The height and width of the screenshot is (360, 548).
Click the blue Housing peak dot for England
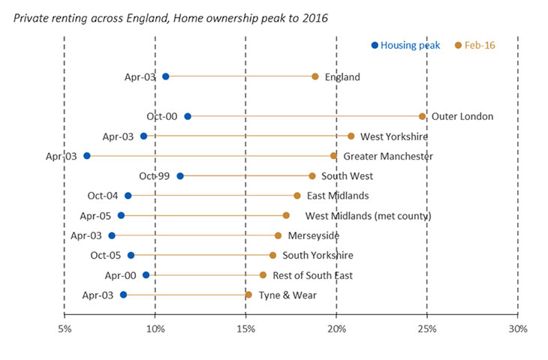pos(166,76)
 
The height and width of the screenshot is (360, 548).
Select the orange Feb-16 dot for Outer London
pos(422,116)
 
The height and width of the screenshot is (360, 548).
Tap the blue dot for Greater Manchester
pos(87,156)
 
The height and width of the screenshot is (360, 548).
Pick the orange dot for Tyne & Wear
pos(248,295)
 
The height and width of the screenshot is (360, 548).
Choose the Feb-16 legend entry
pos(476,46)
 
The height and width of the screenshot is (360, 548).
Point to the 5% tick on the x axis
pos(65,329)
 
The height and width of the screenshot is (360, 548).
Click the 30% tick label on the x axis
pos(517,329)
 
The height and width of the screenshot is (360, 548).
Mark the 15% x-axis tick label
pos(245,329)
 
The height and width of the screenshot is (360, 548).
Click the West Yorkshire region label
pos(393,136)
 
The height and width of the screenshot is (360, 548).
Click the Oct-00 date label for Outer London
pos(161,116)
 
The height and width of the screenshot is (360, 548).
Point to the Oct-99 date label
pos(154,176)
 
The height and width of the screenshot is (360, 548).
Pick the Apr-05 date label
pos(95,216)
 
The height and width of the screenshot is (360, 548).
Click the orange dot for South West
pos(312,176)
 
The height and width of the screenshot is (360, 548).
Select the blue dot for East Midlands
pos(128,196)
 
